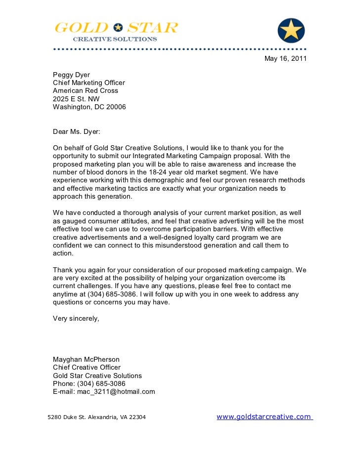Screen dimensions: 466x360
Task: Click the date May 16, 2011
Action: pyautogui.click(x=285, y=59)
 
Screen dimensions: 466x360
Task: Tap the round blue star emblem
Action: pyautogui.click(x=291, y=30)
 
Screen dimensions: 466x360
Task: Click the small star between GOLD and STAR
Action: pyautogui.click(x=118, y=28)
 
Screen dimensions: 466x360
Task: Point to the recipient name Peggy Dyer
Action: pyautogui.click(x=72, y=75)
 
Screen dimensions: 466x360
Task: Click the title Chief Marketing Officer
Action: pyautogui.click(x=89, y=83)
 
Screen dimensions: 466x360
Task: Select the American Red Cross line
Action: pyautogui.click(x=86, y=91)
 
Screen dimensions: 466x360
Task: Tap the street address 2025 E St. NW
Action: pyautogui.click(x=76, y=99)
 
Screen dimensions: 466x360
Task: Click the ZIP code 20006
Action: pyautogui.click(x=115, y=107)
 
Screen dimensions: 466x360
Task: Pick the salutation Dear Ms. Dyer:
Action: pyautogui.click(x=77, y=132)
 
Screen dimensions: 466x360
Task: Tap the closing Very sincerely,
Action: pyautogui.click(x=76, y=318)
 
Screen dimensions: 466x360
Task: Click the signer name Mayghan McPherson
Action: pyautogui.click(x=86, y=360)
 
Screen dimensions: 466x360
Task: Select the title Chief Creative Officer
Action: pyautogui.click(x=87, y=368)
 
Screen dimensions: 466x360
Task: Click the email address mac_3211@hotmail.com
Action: pyautogui.click(x=116, y=391)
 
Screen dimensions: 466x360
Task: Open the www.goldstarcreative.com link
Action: pyautogui.click(x=264, y=417)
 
